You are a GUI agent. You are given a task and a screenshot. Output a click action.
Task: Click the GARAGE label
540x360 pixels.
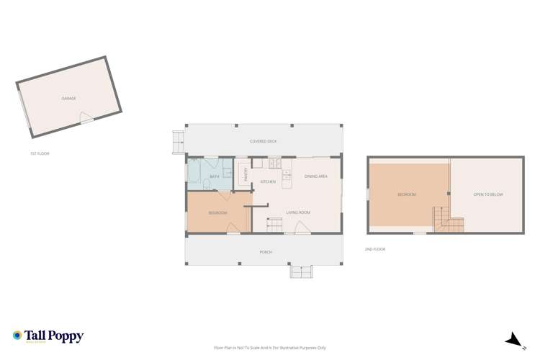(68, 98)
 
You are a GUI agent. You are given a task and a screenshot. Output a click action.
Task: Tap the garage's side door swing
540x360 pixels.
(86, 118)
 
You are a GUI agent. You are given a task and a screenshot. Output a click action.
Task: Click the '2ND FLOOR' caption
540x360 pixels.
(374, 249)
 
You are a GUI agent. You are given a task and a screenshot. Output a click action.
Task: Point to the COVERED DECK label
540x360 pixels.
(263, 141)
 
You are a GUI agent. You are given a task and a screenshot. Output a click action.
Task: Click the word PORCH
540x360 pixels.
(266, 252)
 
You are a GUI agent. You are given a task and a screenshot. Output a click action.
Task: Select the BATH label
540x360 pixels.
(214, 176)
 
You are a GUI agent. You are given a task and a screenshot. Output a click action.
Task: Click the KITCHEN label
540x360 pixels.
(268, 181)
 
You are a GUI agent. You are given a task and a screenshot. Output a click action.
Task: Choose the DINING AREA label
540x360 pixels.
(316, 176)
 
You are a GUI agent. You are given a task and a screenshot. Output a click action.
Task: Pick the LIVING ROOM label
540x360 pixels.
(297, 212)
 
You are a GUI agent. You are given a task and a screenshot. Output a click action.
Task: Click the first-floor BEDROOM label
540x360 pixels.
(217, 212)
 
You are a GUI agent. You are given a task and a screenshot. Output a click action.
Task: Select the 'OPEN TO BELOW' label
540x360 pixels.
(487, 194)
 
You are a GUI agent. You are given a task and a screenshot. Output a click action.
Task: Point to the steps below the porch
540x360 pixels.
(301, 271)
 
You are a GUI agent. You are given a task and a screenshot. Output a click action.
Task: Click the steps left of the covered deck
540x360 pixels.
(178, 141)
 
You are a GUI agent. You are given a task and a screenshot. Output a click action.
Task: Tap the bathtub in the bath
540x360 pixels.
(195, 171)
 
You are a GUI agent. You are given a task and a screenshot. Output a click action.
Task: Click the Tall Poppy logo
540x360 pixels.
(48, 336)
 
